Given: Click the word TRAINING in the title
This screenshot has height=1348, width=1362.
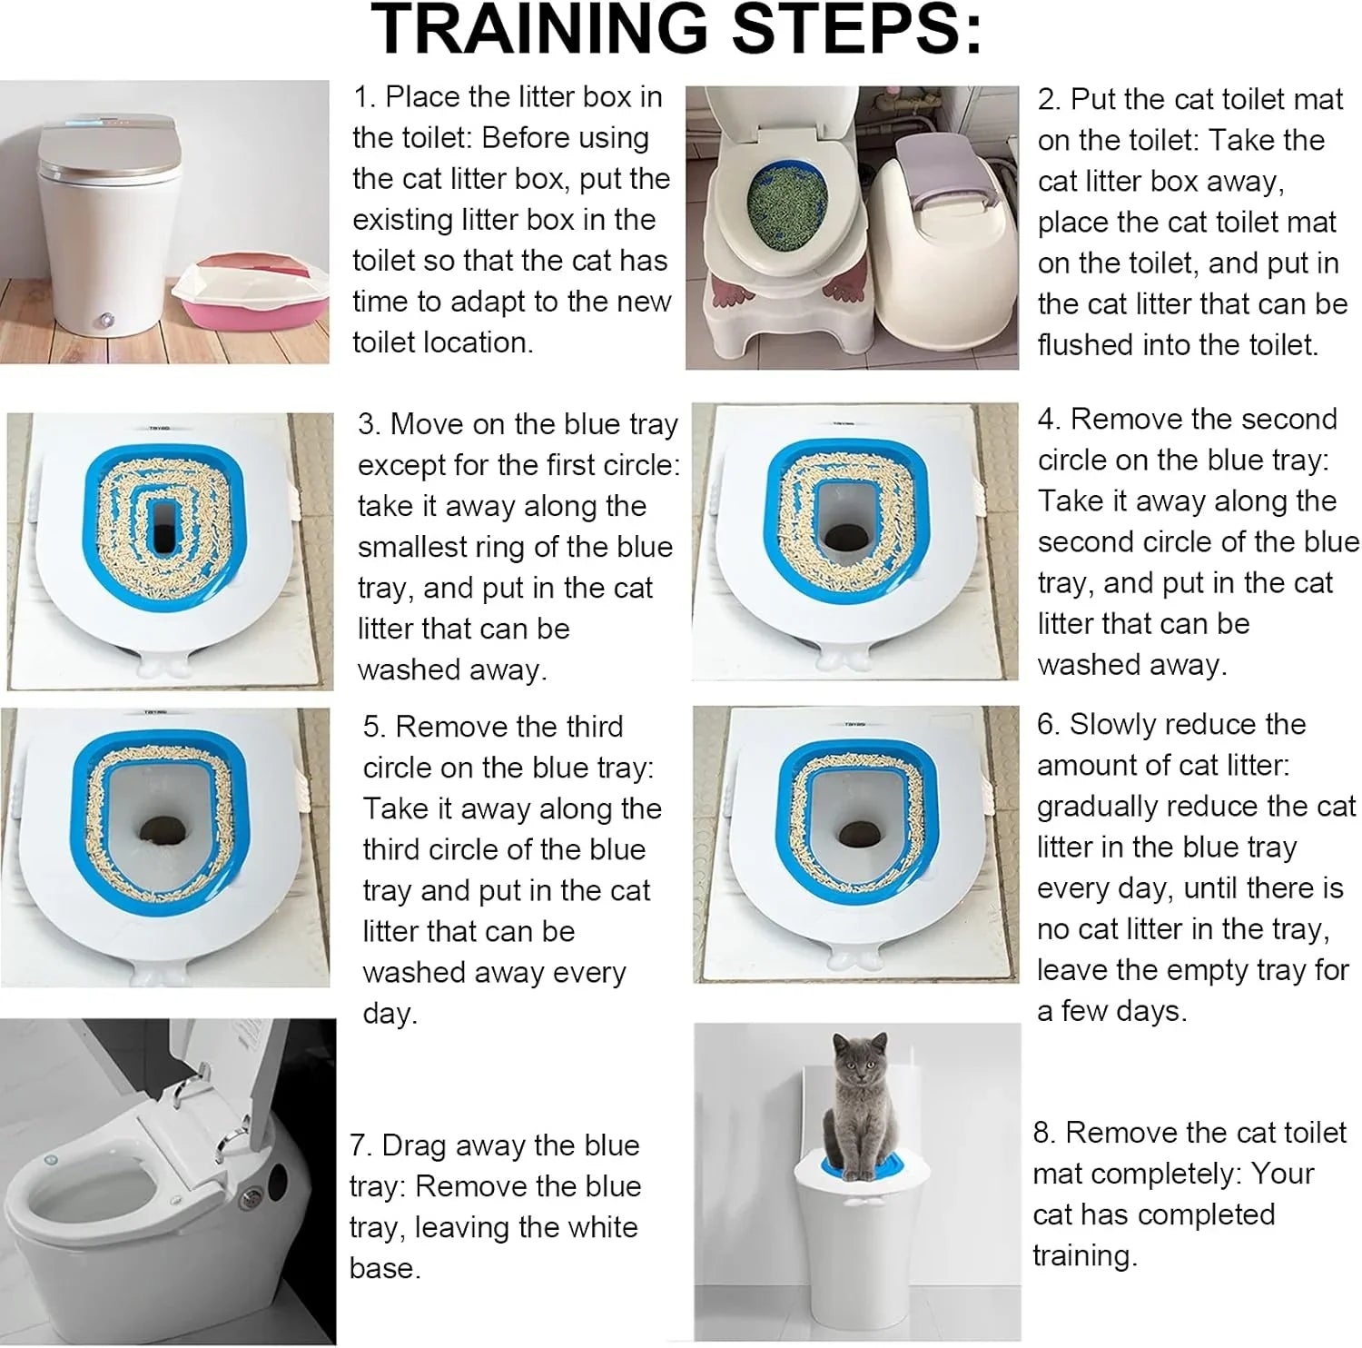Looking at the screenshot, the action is click(539, 29).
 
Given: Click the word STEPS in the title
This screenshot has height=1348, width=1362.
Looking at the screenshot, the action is click(857, 29).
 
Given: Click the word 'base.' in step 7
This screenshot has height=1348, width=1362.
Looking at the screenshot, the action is click(385, 1268).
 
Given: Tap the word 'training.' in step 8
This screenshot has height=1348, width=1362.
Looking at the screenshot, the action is click(1085, 1255).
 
